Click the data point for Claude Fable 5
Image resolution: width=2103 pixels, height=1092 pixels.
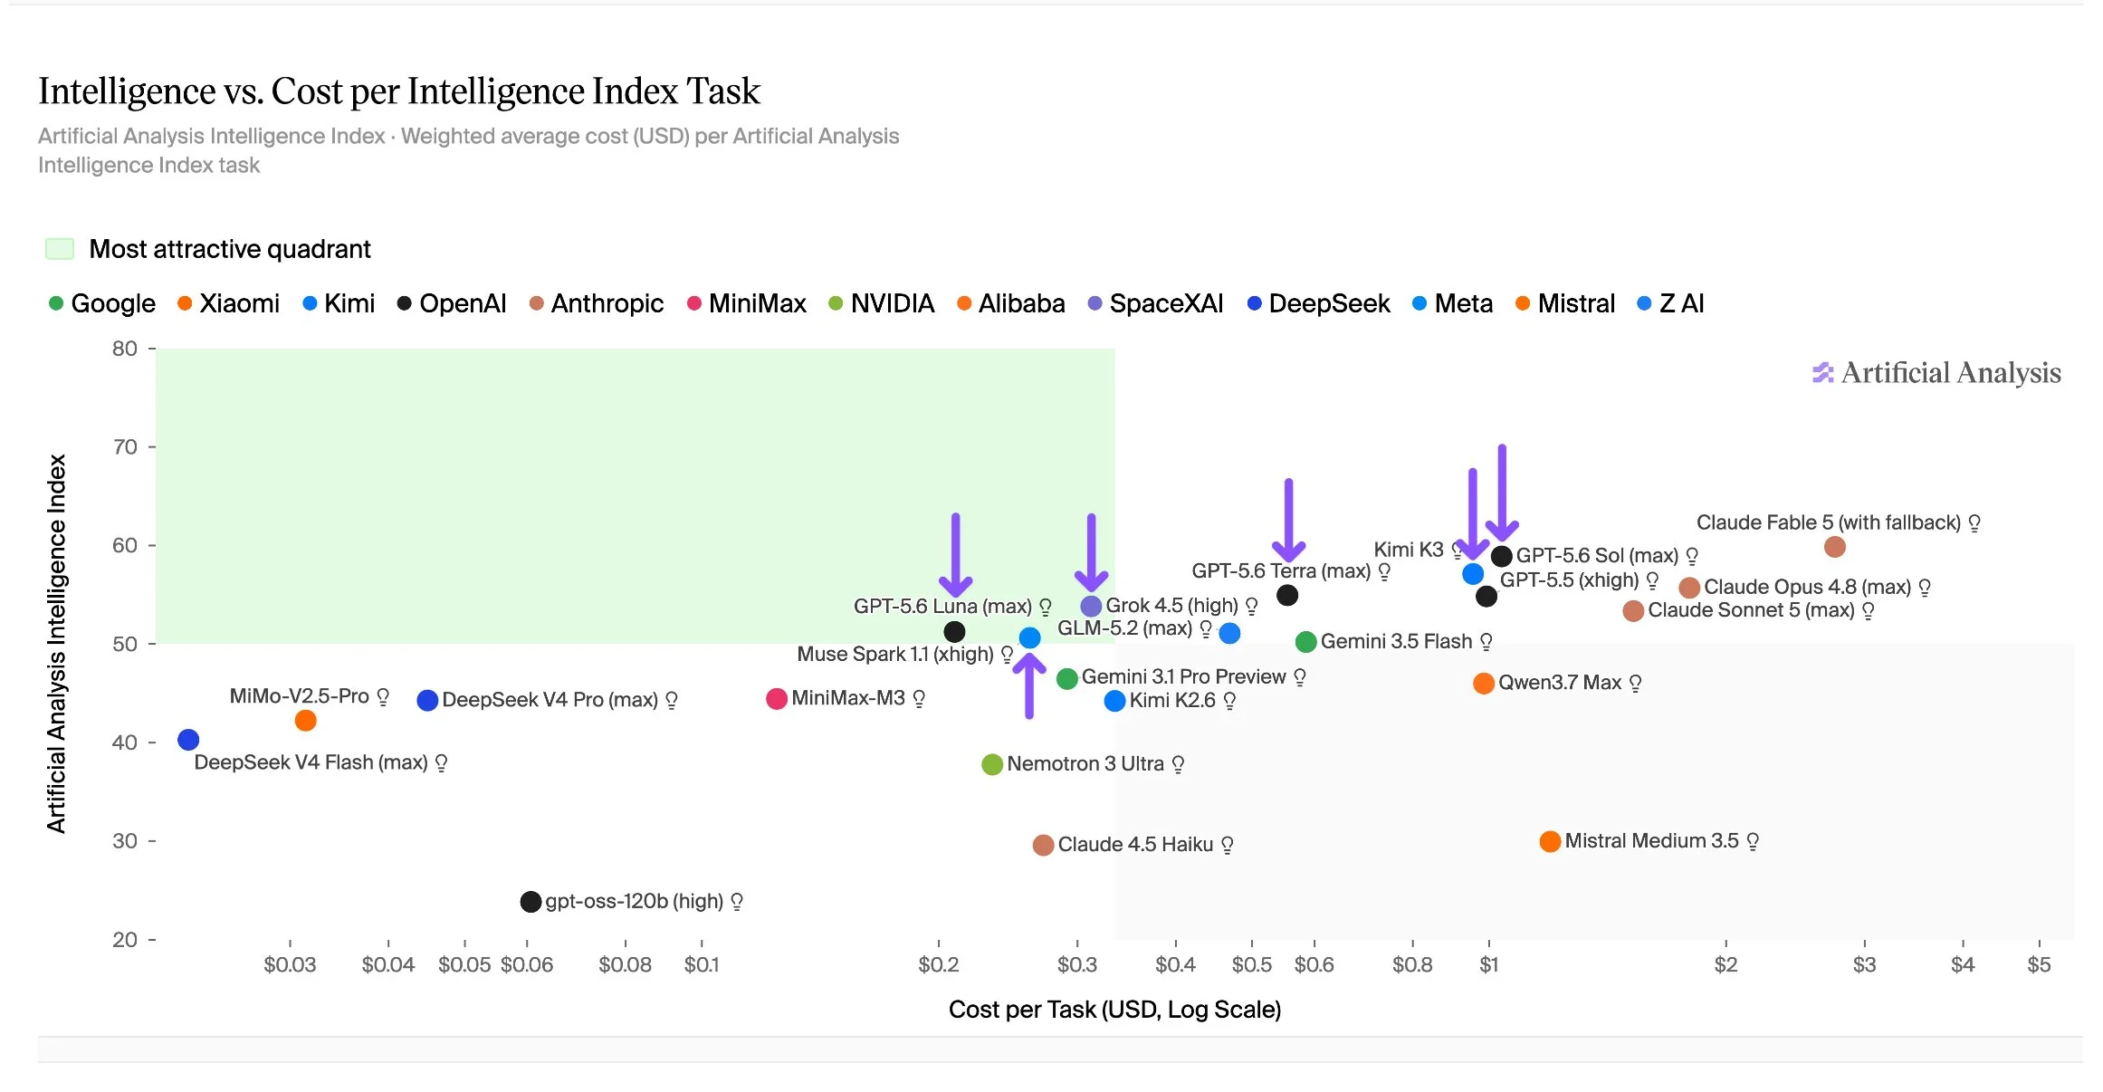click(1834, 547)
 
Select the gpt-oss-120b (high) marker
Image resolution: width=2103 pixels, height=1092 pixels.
click(531, 902)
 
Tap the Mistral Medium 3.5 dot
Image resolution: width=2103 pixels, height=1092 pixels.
click(1550, 841)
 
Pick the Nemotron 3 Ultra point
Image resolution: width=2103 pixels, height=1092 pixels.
click(992, 764)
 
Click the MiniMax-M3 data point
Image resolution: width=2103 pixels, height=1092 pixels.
click(776, 699)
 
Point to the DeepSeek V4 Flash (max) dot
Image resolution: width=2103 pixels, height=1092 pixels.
click(188, 740)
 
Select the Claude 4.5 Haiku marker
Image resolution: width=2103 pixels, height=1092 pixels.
click(1043, 845)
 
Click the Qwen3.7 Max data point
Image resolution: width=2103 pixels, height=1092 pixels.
click(1483, 684)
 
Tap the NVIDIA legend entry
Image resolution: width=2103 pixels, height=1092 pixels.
click(881, 303)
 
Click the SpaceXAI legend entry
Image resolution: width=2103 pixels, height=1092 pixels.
click(1155, 303)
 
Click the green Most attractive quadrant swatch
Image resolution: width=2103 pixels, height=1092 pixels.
click(60, 249)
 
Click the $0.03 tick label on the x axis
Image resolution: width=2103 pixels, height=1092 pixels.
click(290, 965)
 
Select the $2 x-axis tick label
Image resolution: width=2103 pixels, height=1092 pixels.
click(1725, 965)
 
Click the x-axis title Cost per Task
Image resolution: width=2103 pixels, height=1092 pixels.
click(1114, 1010)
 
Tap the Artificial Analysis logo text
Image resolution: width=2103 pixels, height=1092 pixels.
click(1950, 373)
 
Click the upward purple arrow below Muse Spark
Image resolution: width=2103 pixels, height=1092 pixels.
click(1029, 685)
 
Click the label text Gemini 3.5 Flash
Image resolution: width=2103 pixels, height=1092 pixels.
click(1396, 642)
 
